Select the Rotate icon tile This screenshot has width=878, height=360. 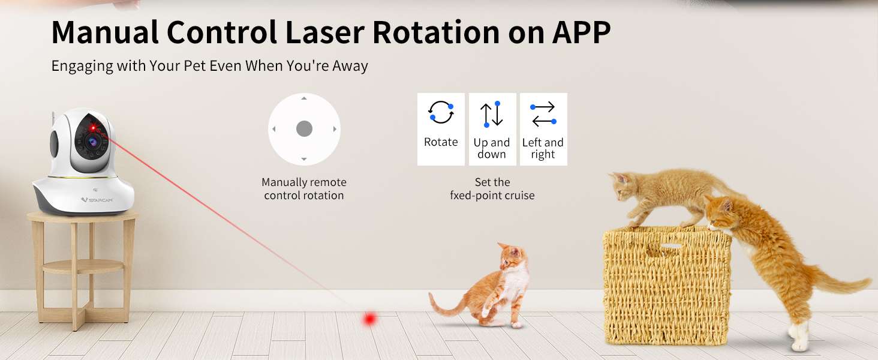[x=441, y=129]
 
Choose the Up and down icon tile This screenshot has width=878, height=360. [x=492, y=129]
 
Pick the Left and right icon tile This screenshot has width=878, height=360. [x=543, y=129]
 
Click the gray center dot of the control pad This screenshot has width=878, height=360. [x=304, y=128]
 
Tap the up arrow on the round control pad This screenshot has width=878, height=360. [x=304, y=98]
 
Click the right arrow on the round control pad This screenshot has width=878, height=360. [x=335, y=129]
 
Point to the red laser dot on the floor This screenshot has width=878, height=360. [x=369, y=319]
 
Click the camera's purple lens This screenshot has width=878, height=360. [x=92, y=142]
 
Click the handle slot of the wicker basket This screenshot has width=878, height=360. [x=671, y=246]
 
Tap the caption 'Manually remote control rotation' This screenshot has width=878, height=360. [x=304, y=188]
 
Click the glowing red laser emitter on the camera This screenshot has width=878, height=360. [x=93, y=127]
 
